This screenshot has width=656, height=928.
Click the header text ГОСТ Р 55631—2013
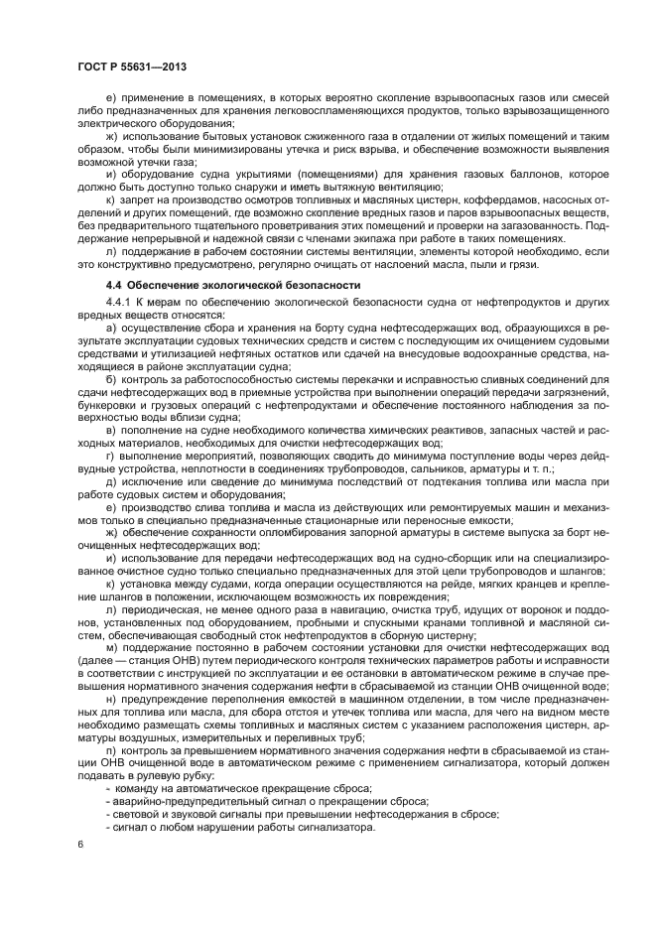pyautogui.click(x=132, y=66)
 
